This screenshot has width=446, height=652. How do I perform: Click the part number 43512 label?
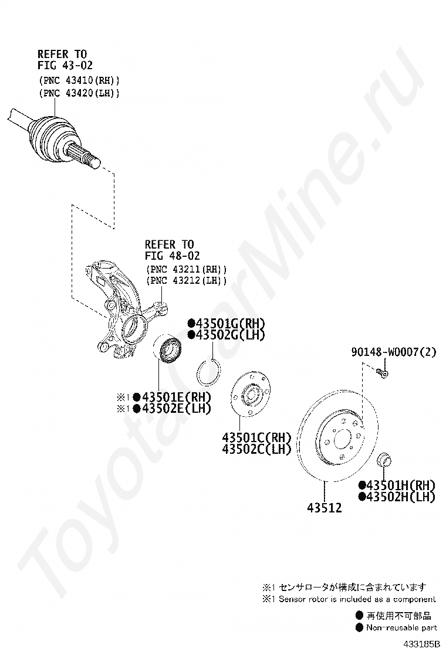click(324, 508)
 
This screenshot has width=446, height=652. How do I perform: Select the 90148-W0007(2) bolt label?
click(394, 352)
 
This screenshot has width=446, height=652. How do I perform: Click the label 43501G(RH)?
click(227, 323)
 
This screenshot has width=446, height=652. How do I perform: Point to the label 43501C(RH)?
click(256, 437)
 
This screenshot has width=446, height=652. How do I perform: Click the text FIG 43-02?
click(65, 66)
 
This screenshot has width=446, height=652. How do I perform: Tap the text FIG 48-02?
click(173, 256)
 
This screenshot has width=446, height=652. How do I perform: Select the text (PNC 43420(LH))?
click(79, 93)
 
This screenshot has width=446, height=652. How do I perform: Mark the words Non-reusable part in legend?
click(401, 627)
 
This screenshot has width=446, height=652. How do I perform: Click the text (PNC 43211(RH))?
click(186, 269)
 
